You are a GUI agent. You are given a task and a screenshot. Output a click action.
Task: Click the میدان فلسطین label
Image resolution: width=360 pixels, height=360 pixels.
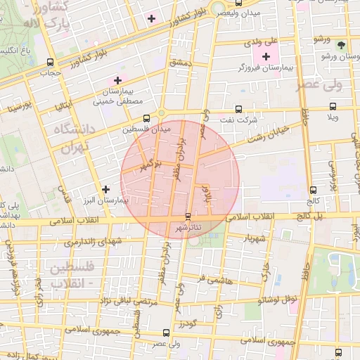[146, 129]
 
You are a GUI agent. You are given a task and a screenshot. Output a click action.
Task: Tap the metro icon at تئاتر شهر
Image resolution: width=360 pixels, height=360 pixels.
[187, 217]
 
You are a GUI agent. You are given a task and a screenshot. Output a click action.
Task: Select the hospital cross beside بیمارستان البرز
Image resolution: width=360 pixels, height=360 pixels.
[105, 188]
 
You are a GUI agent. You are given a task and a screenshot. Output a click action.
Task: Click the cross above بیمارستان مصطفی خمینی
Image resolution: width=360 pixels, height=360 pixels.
[117, 81]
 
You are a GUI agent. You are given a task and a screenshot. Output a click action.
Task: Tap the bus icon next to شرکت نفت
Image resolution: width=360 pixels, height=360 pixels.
[238, 109]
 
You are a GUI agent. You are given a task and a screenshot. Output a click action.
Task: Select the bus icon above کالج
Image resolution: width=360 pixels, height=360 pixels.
[312, 189]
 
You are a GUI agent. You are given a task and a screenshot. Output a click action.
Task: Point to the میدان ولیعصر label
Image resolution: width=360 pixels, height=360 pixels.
[238, 13]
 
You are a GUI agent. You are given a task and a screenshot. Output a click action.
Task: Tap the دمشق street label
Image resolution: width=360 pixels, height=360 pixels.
[181, 63]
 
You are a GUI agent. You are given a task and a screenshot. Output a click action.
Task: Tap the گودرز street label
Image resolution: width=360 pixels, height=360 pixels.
[188, 324]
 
